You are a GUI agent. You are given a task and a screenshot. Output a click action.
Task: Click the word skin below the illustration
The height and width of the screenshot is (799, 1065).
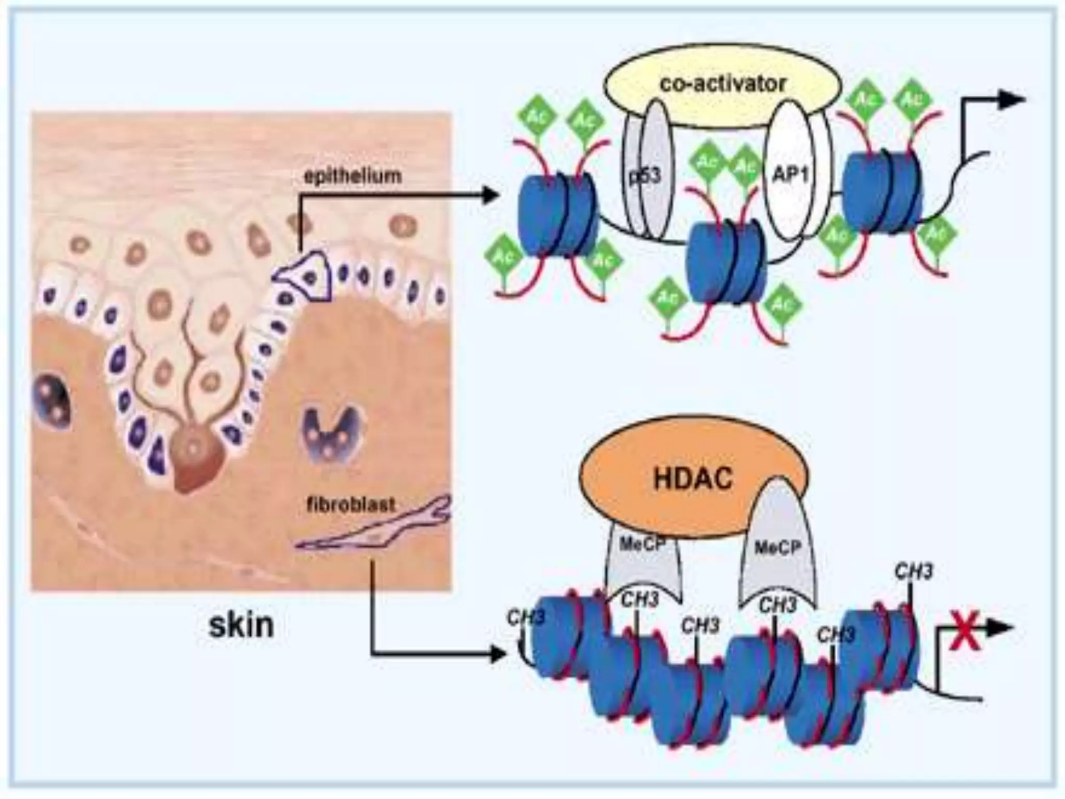(x=241, y=625)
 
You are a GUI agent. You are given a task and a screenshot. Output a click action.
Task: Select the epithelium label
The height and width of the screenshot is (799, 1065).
(x=353, y=176)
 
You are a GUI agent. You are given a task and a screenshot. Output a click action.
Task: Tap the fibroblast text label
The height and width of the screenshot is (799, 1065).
(x=350, y=505)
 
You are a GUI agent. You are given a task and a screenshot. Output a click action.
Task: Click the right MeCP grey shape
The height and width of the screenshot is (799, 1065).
(x=777, y=546)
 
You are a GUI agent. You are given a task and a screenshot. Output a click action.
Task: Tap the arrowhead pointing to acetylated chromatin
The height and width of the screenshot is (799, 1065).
(x=489, y=196)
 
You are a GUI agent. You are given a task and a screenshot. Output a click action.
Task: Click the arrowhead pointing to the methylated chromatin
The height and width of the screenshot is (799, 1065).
(x=497, y=654)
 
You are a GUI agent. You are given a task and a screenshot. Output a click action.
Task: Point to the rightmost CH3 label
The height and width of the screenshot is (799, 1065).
(x=914, y=572)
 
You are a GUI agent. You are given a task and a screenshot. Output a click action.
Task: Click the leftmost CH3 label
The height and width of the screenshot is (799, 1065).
(x=526, y=617)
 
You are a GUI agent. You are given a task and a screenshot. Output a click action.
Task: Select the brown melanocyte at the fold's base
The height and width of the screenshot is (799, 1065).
(x=192, y=460)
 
